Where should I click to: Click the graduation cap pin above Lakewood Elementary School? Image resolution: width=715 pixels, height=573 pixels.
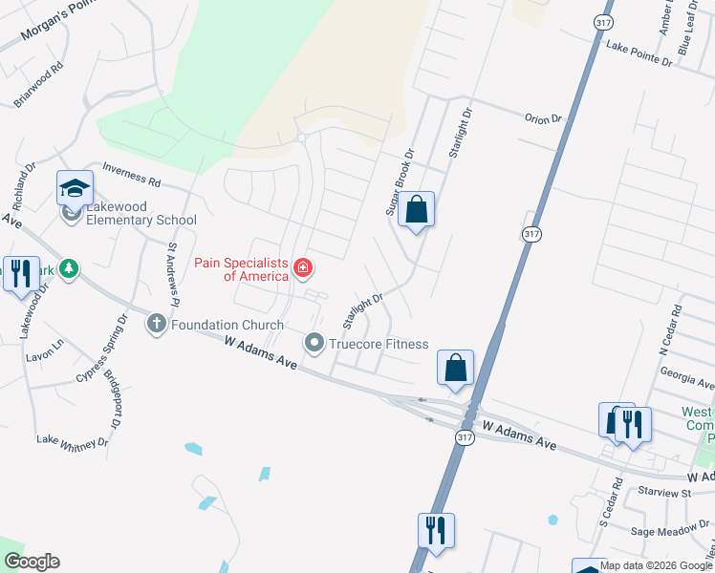click(75, 186)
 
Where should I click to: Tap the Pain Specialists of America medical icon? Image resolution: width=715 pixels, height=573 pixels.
click(303, 267)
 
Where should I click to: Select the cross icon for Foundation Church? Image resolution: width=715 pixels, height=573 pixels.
click(157, 324)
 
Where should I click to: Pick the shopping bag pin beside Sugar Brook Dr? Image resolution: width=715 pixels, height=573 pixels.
click(416, 210)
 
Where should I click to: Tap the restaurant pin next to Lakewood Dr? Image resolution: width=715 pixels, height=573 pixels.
click(20, 274)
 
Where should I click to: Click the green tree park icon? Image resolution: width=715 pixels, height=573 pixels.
click(68, 269)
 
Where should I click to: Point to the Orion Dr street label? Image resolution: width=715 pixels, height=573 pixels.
click(543, 119)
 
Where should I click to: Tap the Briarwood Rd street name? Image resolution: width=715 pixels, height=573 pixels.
click(38, 85)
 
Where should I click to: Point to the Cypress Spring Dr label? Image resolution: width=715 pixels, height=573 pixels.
click(101, 348)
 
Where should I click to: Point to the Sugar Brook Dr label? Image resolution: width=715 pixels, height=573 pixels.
click(400, 180)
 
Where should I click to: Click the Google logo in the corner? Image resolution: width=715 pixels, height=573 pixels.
click(32, 562)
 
